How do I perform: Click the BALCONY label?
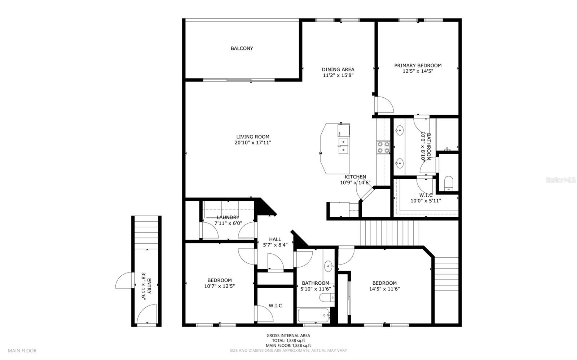pos(242,48)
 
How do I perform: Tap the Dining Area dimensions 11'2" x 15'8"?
pos(338,75)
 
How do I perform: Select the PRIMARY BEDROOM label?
pos(418,66)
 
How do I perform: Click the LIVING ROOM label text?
pos(253,137)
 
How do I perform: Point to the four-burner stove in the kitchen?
pos(383,147)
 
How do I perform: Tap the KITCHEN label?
pos(355,177)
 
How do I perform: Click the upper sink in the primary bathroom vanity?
pos(400,130)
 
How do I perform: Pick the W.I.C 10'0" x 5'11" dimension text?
pos(426,201)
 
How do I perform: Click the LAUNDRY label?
pos(228,217)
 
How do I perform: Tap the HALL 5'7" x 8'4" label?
pos(275,242)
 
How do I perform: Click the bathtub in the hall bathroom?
pos(313,316)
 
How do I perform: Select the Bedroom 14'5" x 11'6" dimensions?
pos(384,289)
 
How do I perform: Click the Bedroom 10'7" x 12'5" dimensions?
pos(220,286)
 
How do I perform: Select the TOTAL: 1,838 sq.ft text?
pos(288,341)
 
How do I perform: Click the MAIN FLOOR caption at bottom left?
pos(22,351)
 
